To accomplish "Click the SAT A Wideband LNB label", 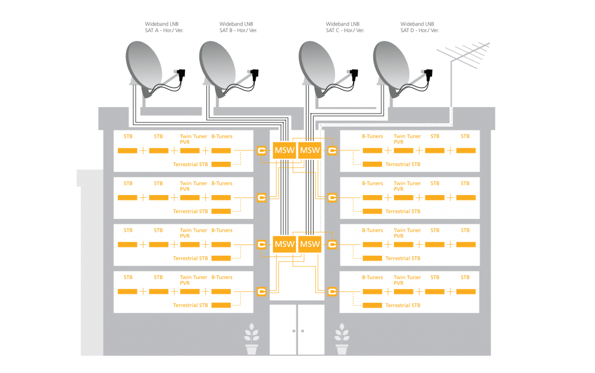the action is (164, 27).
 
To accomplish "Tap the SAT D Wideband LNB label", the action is (419, 27).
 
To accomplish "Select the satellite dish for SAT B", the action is (228, 70).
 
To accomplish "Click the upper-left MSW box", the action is (284, 151).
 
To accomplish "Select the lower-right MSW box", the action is (309, 245).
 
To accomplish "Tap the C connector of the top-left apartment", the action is (261, 151).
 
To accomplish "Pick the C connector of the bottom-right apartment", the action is (332, 292).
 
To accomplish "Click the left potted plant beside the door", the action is (252, 339).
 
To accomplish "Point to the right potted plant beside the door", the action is (342, 339).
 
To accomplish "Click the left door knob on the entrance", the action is (294, 331).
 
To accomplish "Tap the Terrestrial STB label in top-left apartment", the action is (190, 164).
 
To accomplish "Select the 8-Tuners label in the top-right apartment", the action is (372, 136).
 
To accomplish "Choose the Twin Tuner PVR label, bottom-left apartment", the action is (193, 280).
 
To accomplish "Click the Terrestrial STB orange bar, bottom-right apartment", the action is (372, 305).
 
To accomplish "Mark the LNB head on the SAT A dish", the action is (181, 74).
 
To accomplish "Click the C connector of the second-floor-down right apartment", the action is (332, 198).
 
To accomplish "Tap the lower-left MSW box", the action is (284, 245).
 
